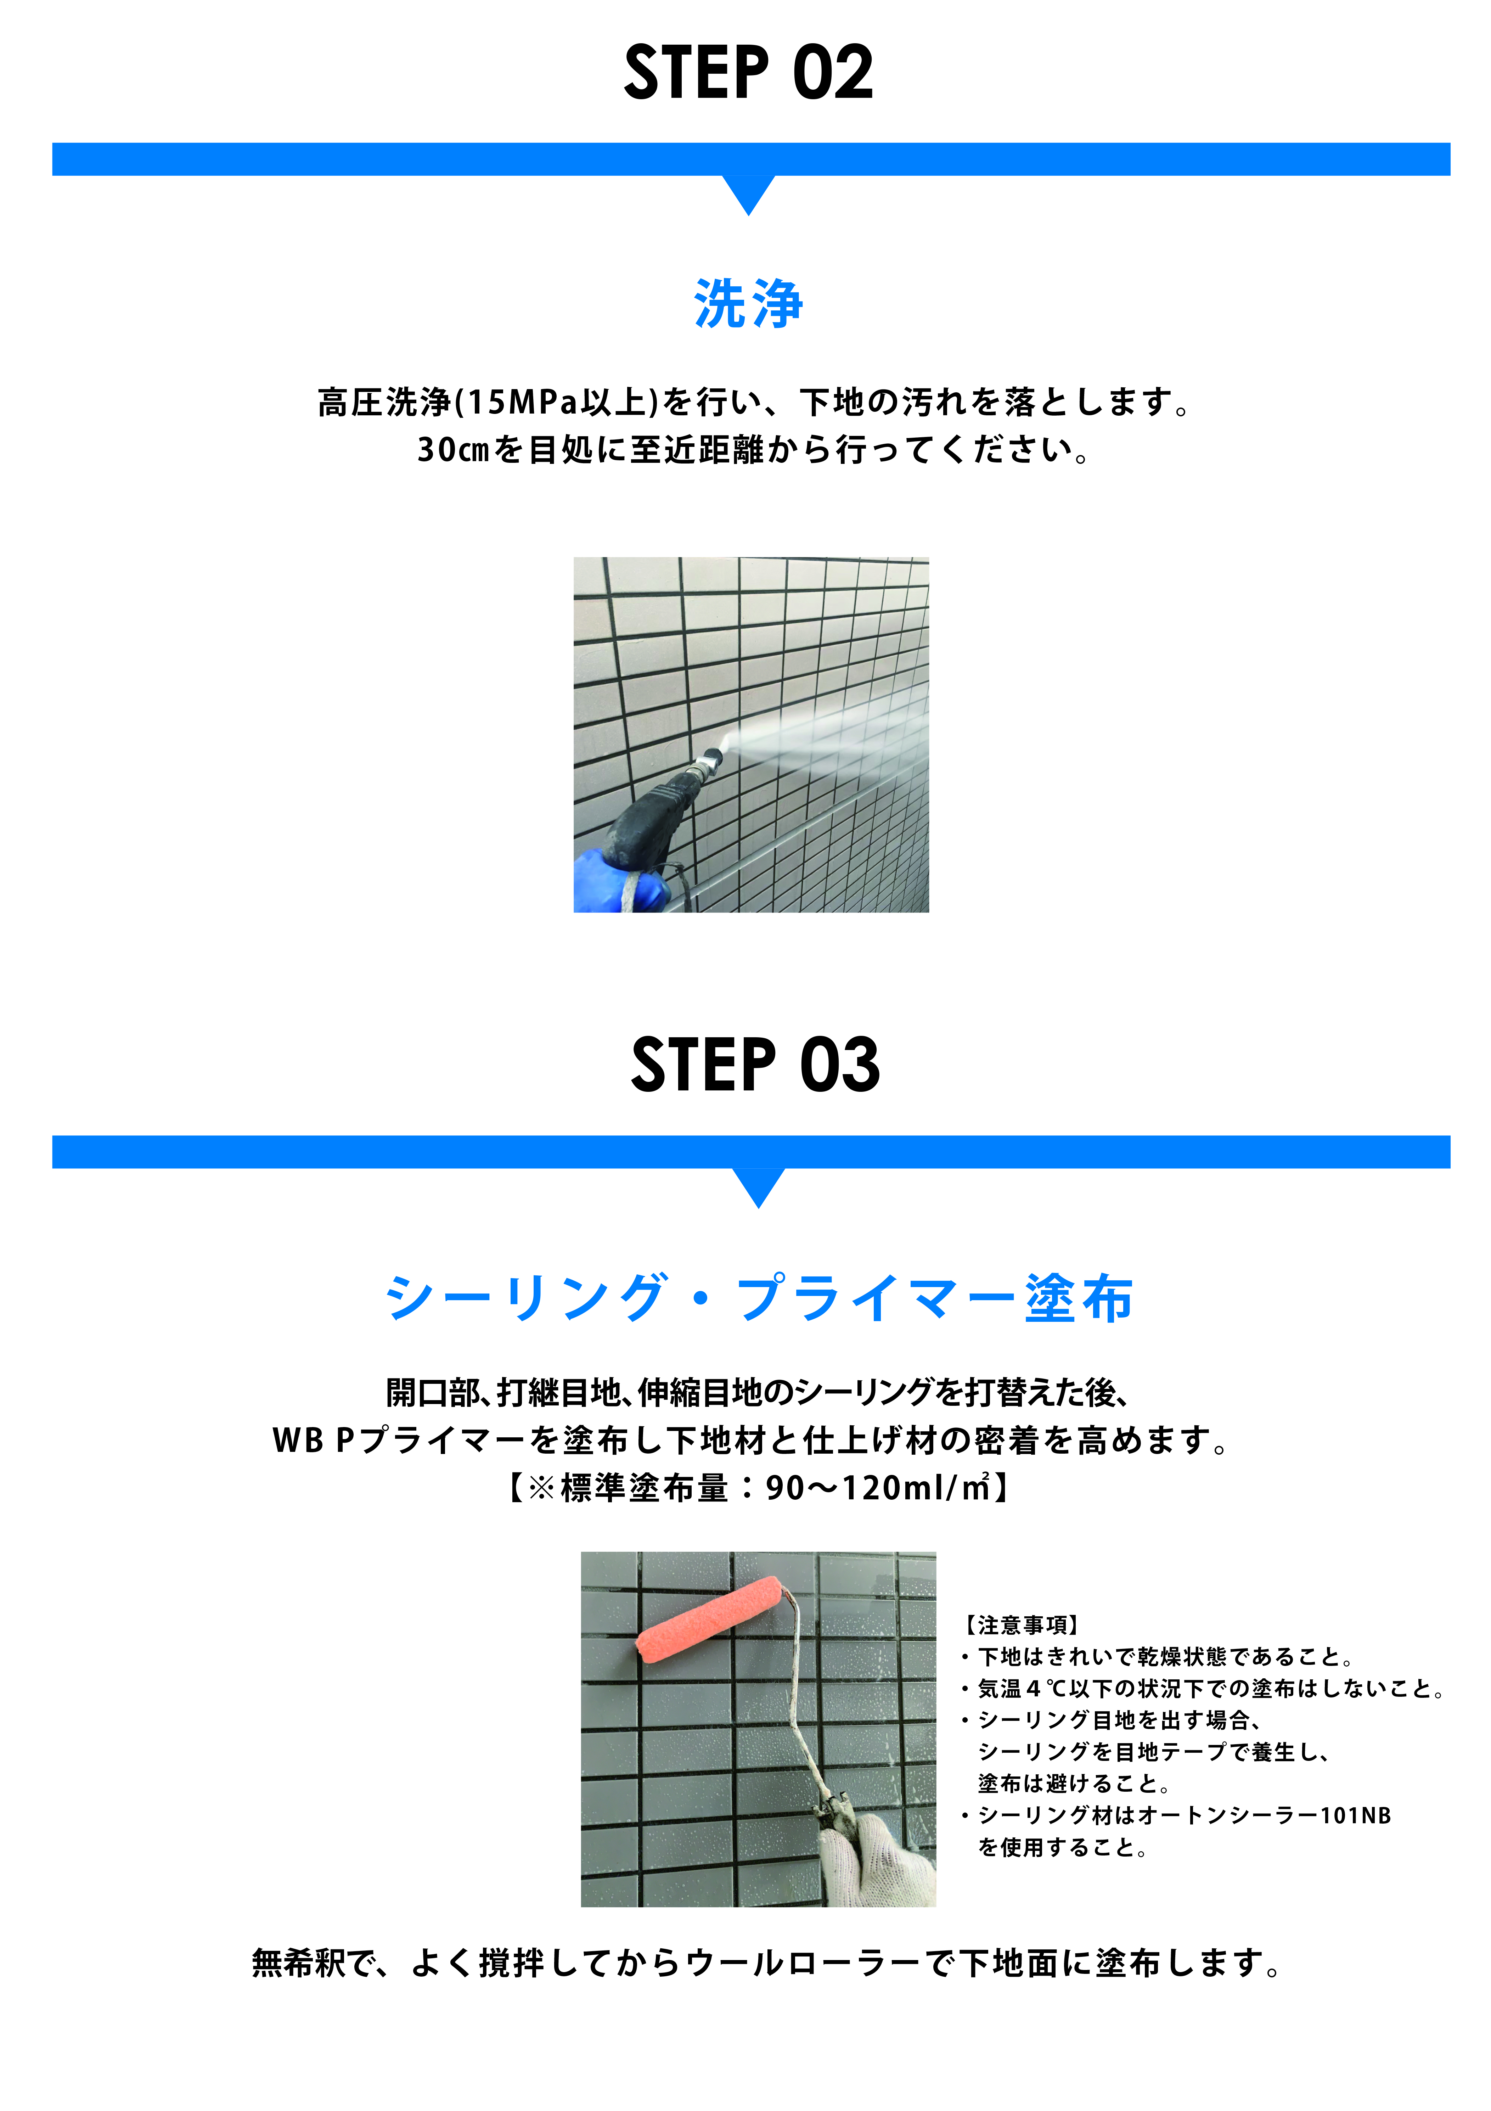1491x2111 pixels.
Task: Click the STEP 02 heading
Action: [748, 73]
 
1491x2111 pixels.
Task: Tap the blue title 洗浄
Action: [748, 303]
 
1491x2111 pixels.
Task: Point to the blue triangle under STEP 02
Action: [748, 193]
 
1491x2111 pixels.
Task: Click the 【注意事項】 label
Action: [1020, 1626]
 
